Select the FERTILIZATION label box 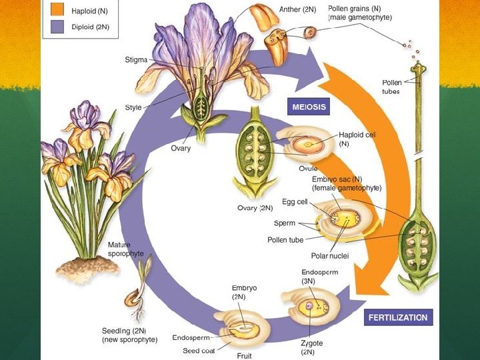click(x=399, y=317)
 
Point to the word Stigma click(x=136, y=60)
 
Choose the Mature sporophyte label click(x=126, y=249)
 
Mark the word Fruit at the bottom click(x=245, y=356)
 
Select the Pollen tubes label click(x=392, y=87)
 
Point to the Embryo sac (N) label click(x=347, y=183)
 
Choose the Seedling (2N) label click(x=129, y=335)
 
